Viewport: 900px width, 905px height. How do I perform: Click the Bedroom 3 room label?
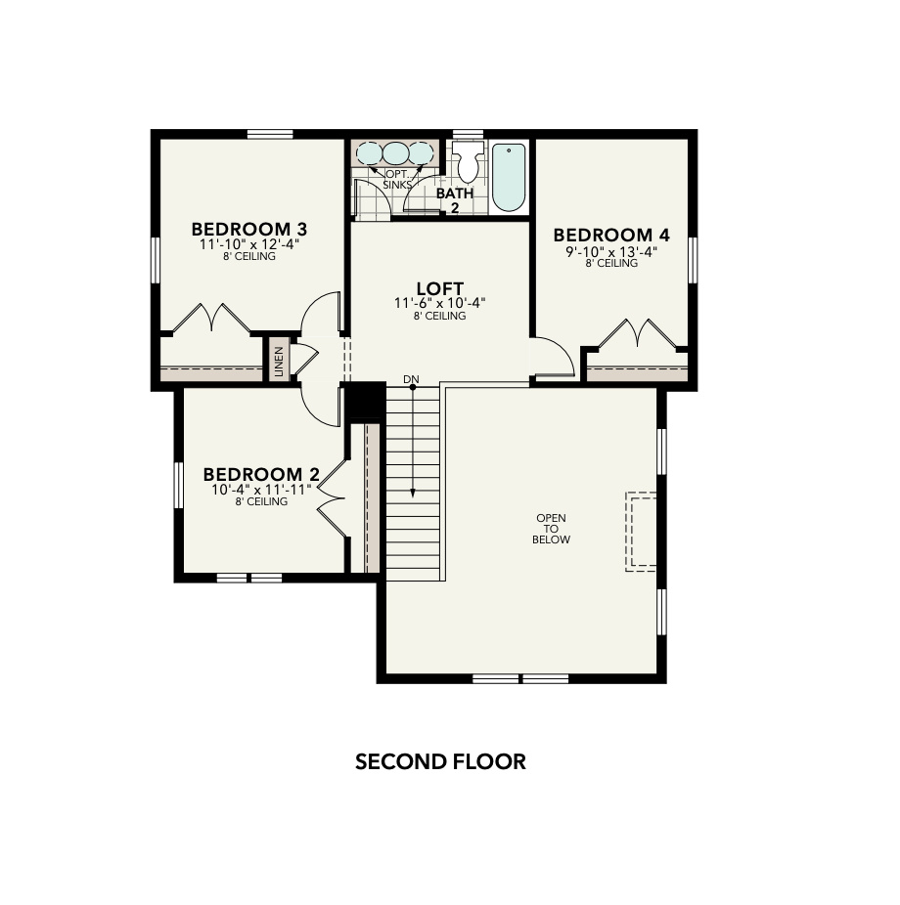click(x=248, y=229)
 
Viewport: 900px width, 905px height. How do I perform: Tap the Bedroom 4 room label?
click(x=611, y=235)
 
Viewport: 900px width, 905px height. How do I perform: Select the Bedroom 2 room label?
click(x=261, y=474)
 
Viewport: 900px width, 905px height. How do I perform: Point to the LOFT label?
click(x=439, y=288)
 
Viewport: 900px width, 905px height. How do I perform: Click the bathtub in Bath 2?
click(x=509, y=177)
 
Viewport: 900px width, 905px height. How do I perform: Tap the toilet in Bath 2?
click(x=469, y=162)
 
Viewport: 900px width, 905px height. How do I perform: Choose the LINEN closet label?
click(x=279, y=362)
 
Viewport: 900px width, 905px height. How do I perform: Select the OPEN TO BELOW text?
click(x=551, y=529)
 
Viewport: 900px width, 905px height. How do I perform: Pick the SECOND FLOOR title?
click(x=440, y=761)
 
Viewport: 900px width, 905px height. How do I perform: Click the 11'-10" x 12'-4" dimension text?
click(x=248, y=244)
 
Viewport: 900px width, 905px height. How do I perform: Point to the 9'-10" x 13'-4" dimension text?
click(x=611, y=250)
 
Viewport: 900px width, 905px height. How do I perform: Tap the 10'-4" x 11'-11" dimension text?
click(x=261, y=489)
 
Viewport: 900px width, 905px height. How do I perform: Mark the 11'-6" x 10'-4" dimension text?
click(x=439, y=303)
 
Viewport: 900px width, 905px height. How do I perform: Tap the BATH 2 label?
click(x=455, y=199)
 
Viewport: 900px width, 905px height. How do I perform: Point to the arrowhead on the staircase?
click(x=413, y=495)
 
